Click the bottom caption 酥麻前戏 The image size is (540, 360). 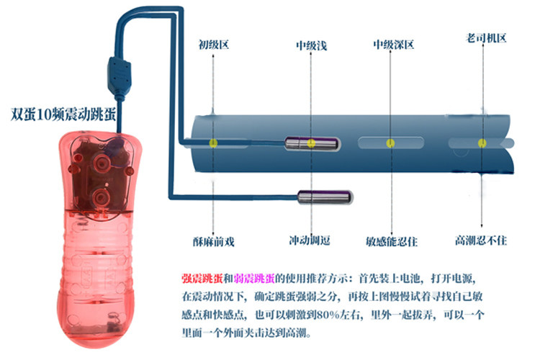213,240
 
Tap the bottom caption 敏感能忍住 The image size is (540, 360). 392,240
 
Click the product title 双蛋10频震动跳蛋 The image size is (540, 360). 63,113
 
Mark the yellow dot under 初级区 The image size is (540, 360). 213,143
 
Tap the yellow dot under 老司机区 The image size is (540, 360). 480,143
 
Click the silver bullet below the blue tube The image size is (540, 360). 324,197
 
